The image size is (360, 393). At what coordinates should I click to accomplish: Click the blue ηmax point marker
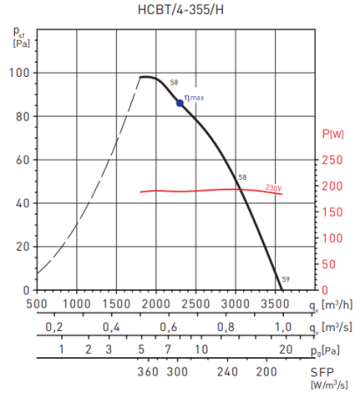tap(180, 102)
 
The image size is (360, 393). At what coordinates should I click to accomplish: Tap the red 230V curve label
tap(273, 187)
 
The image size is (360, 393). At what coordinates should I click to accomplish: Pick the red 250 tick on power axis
tap(331, 160)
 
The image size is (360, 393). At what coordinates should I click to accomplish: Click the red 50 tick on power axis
tap(329, 264)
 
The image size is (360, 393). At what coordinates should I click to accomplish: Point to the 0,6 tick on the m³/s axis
tap(169, 327)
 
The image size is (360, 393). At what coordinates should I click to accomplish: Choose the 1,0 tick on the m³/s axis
tap(284, 327)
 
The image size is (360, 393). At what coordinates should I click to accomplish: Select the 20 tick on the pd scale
tap(285, 349)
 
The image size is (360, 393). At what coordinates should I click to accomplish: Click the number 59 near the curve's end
tap(286, 279)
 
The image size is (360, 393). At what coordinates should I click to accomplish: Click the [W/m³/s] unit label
tap(329, 383)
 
